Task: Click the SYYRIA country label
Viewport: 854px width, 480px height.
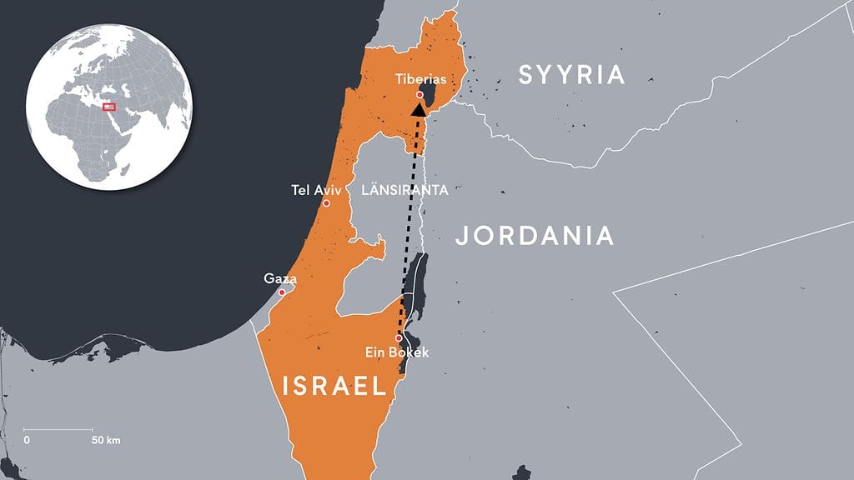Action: [x=571, y=75]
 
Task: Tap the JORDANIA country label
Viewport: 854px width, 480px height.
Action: [x=535, y=236]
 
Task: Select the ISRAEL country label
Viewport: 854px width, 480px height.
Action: [x=334, y=386]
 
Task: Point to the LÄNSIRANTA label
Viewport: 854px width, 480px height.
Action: [x=405, y=190]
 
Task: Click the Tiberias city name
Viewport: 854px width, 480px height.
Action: [x=420, y=79]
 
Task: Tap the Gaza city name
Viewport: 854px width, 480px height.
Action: [x=280, y=278]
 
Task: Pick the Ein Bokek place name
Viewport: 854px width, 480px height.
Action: [x=397, y=352]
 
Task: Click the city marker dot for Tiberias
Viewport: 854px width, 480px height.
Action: [x=419, y=95]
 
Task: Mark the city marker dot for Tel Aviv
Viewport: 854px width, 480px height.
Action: [x=326, y=203]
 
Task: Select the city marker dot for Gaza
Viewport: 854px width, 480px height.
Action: [x=282, y=292]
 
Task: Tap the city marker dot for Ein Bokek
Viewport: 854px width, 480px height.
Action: [x=399, y=337]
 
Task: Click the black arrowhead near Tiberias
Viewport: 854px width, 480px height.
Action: [x=419, y=108]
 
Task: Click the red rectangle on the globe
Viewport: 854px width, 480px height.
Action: [x=108, y=106]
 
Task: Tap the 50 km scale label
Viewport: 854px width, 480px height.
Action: [x=106, y=439]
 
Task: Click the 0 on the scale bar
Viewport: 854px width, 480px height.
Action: [x=27, y=439]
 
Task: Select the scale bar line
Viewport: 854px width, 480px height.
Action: [x=58, y=429]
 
